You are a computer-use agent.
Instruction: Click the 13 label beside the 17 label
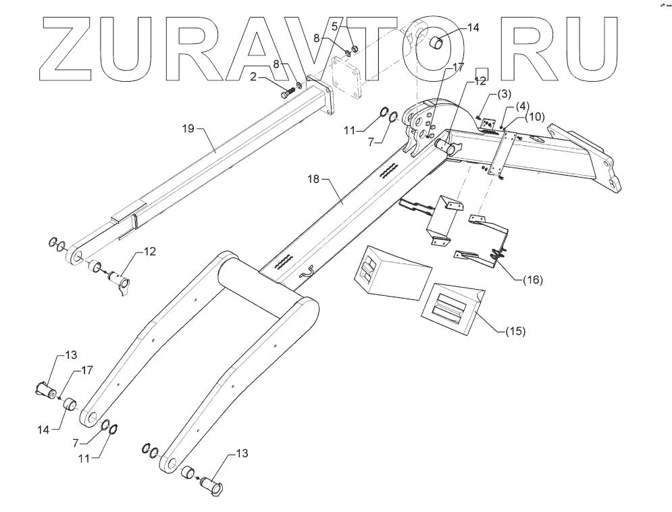pos(71,355)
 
